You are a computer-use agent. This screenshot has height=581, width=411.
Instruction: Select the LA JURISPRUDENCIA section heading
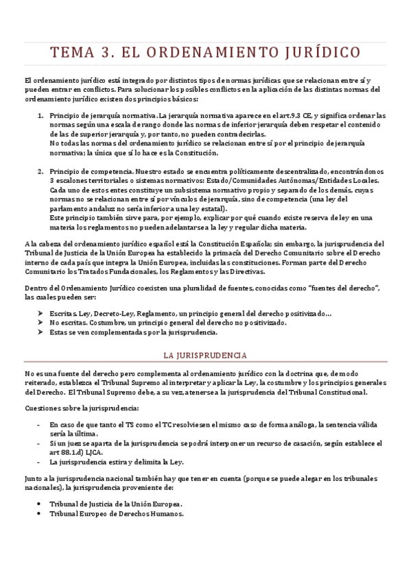click(x=205, y=356)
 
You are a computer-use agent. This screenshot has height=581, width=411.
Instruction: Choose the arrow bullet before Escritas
click(x=40, y=314)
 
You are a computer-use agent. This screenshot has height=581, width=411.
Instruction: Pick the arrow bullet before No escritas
click(x=40, y=323)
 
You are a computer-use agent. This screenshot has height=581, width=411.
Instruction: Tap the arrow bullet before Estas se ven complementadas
click(x=40, y=333)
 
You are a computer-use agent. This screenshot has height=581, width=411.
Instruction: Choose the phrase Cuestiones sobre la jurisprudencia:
click(x=67, y=409)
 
